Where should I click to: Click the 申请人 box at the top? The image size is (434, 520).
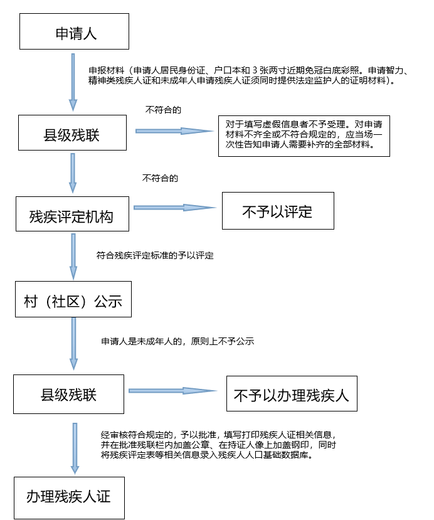74,31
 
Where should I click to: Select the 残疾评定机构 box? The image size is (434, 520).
72,214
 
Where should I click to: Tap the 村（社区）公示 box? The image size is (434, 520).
73,299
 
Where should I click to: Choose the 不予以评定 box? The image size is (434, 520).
278,211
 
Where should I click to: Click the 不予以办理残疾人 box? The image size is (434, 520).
292,394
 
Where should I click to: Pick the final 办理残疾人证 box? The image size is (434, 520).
69,498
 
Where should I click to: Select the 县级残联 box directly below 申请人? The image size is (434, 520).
72,132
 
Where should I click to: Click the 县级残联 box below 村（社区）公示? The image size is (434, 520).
68,395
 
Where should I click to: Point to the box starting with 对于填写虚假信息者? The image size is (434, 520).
304,136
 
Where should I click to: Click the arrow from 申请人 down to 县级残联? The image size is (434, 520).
73,82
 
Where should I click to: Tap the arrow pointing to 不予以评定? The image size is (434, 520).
175,208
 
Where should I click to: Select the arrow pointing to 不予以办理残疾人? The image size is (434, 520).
172,391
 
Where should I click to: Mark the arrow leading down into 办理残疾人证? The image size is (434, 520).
75,448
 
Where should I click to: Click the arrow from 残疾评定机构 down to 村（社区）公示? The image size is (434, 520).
73,257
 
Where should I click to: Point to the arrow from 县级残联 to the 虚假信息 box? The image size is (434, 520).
174,131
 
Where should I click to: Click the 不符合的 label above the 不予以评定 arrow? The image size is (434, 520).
160,178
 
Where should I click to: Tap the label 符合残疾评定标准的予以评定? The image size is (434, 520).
155,255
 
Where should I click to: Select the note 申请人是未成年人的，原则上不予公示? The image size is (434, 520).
177,341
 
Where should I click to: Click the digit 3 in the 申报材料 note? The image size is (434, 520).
255,70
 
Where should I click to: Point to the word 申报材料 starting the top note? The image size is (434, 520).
107,70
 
